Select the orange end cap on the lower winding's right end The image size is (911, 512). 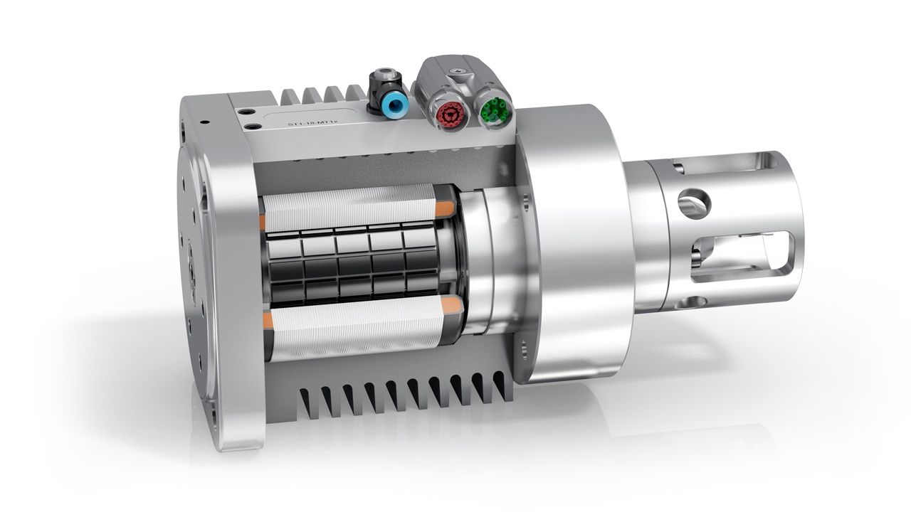[x=448, y=306]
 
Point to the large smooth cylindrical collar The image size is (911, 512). [x=569, y=242]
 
